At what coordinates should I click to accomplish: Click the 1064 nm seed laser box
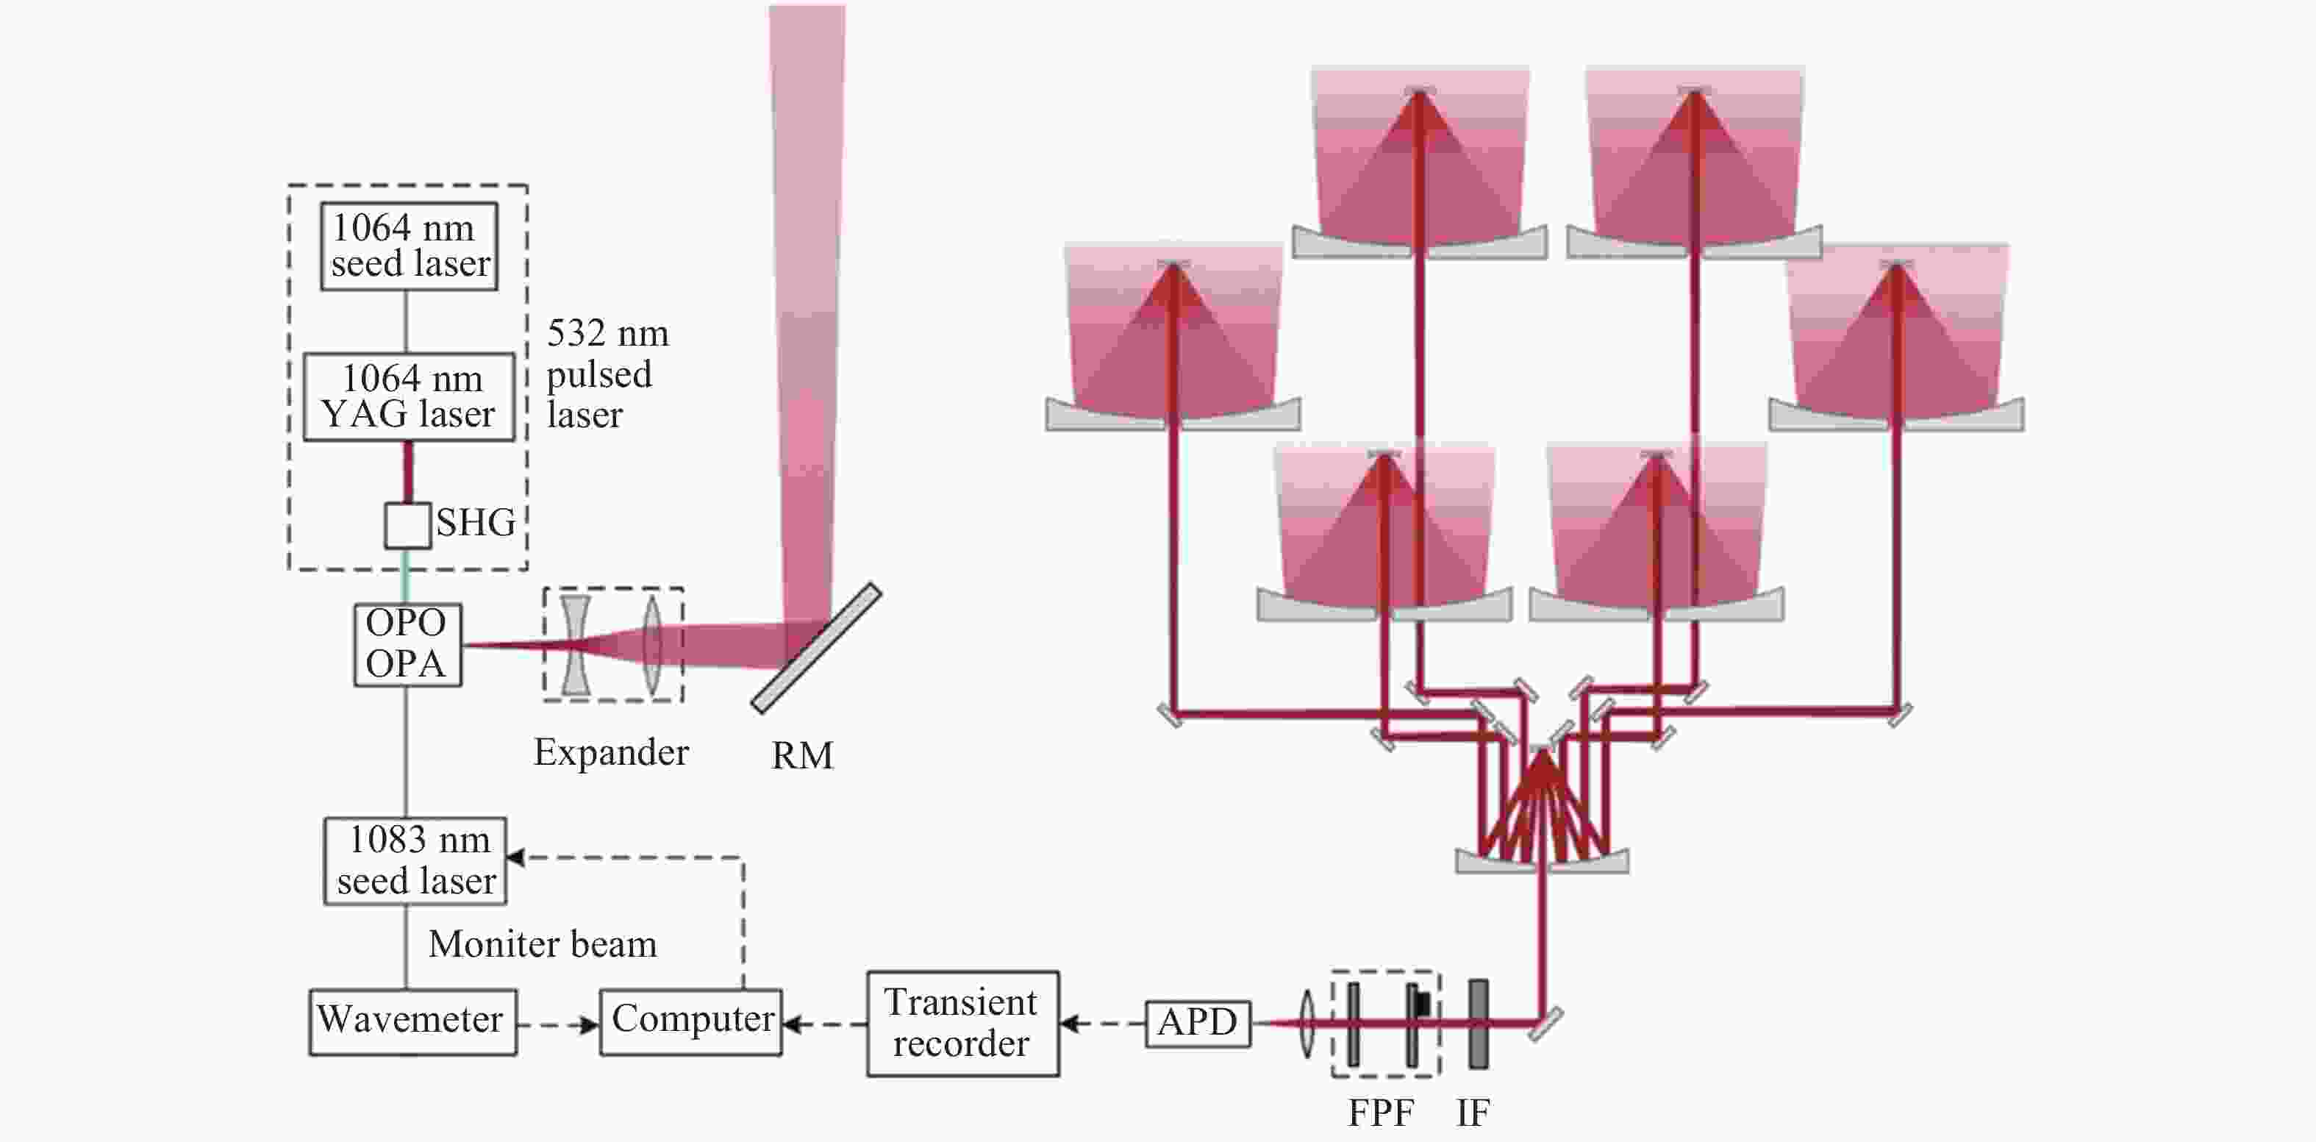click(409, 246)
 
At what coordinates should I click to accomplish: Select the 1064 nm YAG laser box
click(409, 396)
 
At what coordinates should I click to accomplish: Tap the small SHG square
click(407, 525)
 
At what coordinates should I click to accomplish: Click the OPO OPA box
click(407, 645)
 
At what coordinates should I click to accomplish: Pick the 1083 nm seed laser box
click(415, 860)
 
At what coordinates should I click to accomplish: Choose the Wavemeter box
click(412, 1021)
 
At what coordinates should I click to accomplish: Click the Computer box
click(690, 1021)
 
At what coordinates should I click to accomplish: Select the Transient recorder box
click(963, 1024)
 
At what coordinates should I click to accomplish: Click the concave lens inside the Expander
click(576, 645)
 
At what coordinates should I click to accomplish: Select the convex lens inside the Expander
click(653, 645)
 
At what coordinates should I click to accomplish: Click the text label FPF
click(1381, 1113)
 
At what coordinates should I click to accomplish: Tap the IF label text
click(1473, 1113)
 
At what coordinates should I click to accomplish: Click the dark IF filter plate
click(1478, 1024)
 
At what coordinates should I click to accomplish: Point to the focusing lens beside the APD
click(1307, 1024)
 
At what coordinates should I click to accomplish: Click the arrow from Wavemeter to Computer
click(558, 1024)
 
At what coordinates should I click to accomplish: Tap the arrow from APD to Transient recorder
click(1102, 1024)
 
